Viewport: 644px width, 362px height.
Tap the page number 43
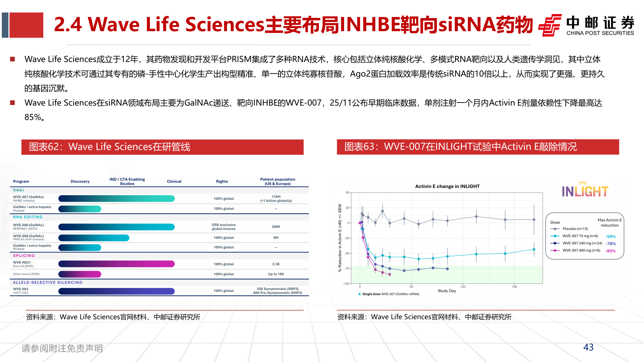tap(588, 347)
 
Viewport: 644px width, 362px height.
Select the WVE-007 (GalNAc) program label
tap(29, 197)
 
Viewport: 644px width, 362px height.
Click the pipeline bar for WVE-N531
tap(116, 264)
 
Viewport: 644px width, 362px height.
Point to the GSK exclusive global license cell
tap(224, 227)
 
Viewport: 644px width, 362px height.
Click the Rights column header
tap(222, 181)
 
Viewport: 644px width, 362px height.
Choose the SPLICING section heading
tap(24, 256)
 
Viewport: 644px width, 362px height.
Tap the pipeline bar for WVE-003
tap(116, 291)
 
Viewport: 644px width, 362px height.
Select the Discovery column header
tap(80, 181)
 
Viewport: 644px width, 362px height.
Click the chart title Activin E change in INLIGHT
tap(447, 186)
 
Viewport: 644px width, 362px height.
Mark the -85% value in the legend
tap(610, 251)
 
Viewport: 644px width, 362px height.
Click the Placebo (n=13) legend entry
tap(575, 229)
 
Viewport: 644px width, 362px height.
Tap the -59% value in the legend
tap(610, 237)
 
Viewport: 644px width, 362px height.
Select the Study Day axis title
tap(447, 291)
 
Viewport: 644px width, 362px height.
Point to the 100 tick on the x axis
tap(463, 287)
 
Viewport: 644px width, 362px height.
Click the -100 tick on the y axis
tap(346, 284)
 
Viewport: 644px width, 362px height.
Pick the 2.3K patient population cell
tap(276, 264)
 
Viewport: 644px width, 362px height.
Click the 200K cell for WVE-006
tap(276, 227)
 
